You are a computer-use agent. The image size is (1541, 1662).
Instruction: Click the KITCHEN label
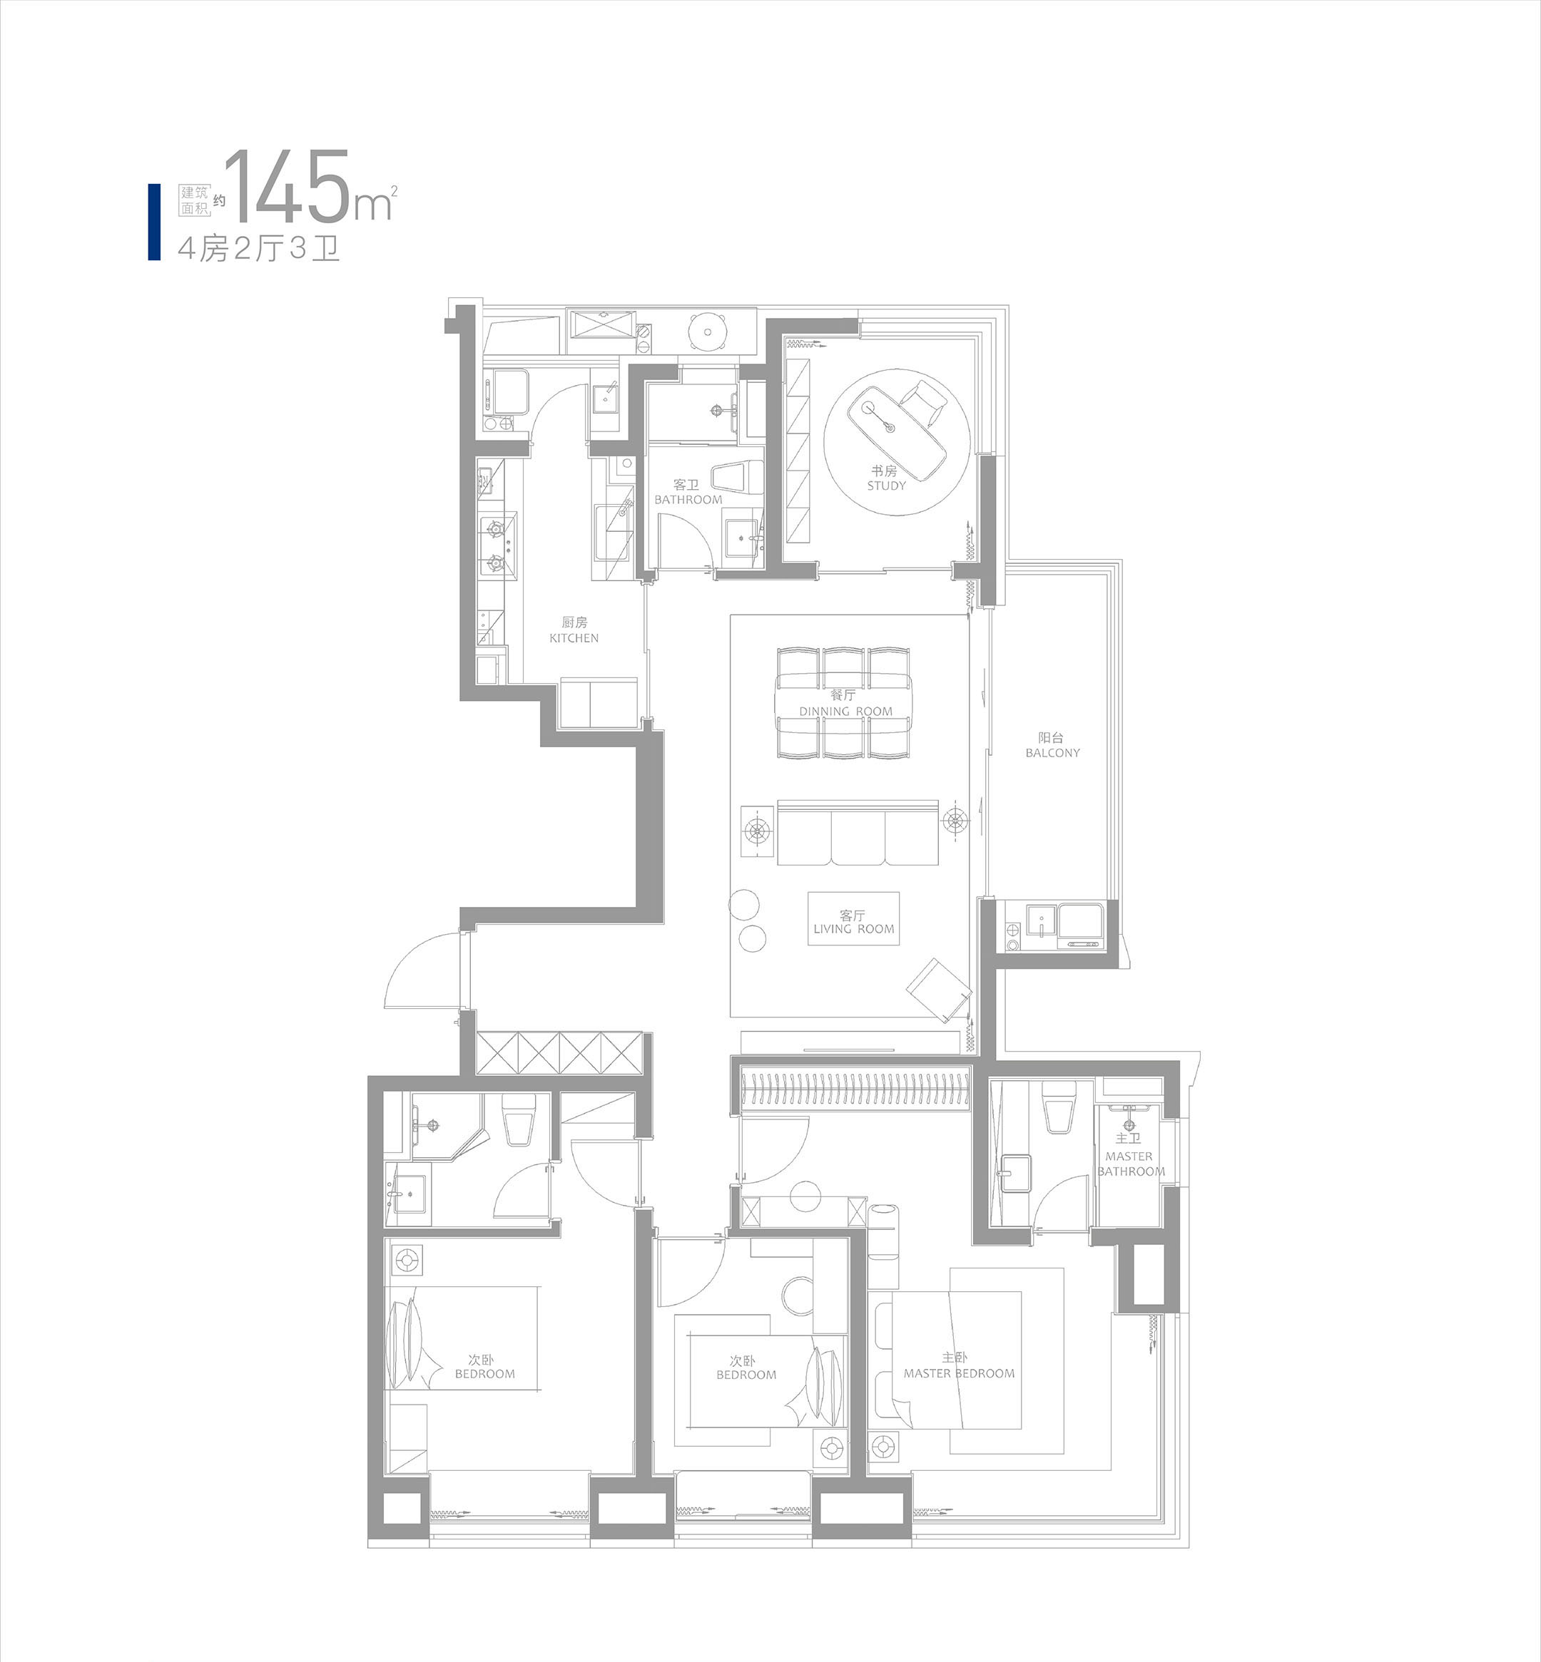574,637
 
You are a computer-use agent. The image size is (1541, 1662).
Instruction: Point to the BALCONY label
1052,753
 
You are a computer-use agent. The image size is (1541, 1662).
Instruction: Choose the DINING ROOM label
845,711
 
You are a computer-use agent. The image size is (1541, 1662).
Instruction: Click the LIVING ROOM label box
853,918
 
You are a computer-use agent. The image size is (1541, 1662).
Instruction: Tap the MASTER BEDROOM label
959,1373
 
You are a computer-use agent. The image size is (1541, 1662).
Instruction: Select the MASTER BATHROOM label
1130,1164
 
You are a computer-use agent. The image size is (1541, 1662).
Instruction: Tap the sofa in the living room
858,833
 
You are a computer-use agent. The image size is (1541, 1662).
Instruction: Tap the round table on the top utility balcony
708,332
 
